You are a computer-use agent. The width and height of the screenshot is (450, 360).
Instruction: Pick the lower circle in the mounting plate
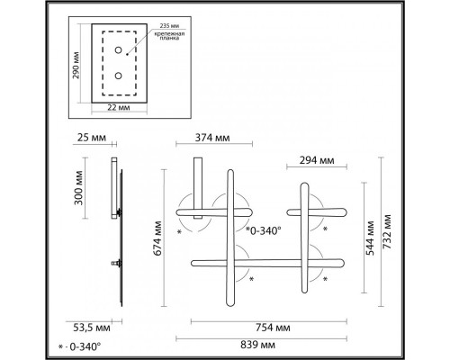[118, 76]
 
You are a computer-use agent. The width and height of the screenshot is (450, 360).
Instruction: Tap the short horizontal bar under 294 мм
[316, 212]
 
